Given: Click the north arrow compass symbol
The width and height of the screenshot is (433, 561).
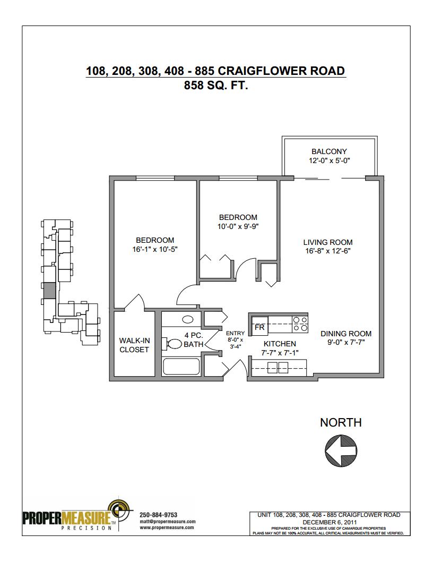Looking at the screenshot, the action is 341,450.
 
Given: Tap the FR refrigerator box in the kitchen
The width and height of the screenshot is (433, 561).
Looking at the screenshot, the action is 259,326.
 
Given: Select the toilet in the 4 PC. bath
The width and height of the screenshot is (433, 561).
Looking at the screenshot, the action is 172,344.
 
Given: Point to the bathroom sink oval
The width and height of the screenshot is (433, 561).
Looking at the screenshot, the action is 187,319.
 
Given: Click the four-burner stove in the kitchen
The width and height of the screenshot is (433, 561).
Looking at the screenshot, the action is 300,324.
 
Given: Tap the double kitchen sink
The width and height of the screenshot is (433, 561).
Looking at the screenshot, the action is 278,368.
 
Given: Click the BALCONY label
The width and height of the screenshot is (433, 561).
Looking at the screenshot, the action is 329,151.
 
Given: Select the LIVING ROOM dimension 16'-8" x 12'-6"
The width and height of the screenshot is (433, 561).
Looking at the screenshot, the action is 327,251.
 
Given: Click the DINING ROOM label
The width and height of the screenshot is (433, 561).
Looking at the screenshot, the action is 346,334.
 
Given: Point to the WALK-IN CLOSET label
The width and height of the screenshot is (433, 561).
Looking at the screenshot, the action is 134,345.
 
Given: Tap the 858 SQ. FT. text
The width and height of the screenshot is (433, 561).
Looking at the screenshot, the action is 216,86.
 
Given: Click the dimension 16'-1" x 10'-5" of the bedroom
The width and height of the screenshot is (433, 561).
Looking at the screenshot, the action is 155,249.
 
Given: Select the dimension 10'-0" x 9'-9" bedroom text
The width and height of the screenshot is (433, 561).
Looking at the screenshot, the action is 238,226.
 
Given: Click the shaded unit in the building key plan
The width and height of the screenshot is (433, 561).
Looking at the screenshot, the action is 49,290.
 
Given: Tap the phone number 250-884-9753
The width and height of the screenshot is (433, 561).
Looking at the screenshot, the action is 158,515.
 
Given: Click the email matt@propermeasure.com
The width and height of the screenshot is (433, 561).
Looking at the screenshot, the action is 168,521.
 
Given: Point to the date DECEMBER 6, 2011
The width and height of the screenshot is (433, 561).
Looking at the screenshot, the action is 330,522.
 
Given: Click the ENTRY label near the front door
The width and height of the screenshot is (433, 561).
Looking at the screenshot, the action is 235,333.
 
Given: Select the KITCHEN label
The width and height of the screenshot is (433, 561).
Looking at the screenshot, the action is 280,344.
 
